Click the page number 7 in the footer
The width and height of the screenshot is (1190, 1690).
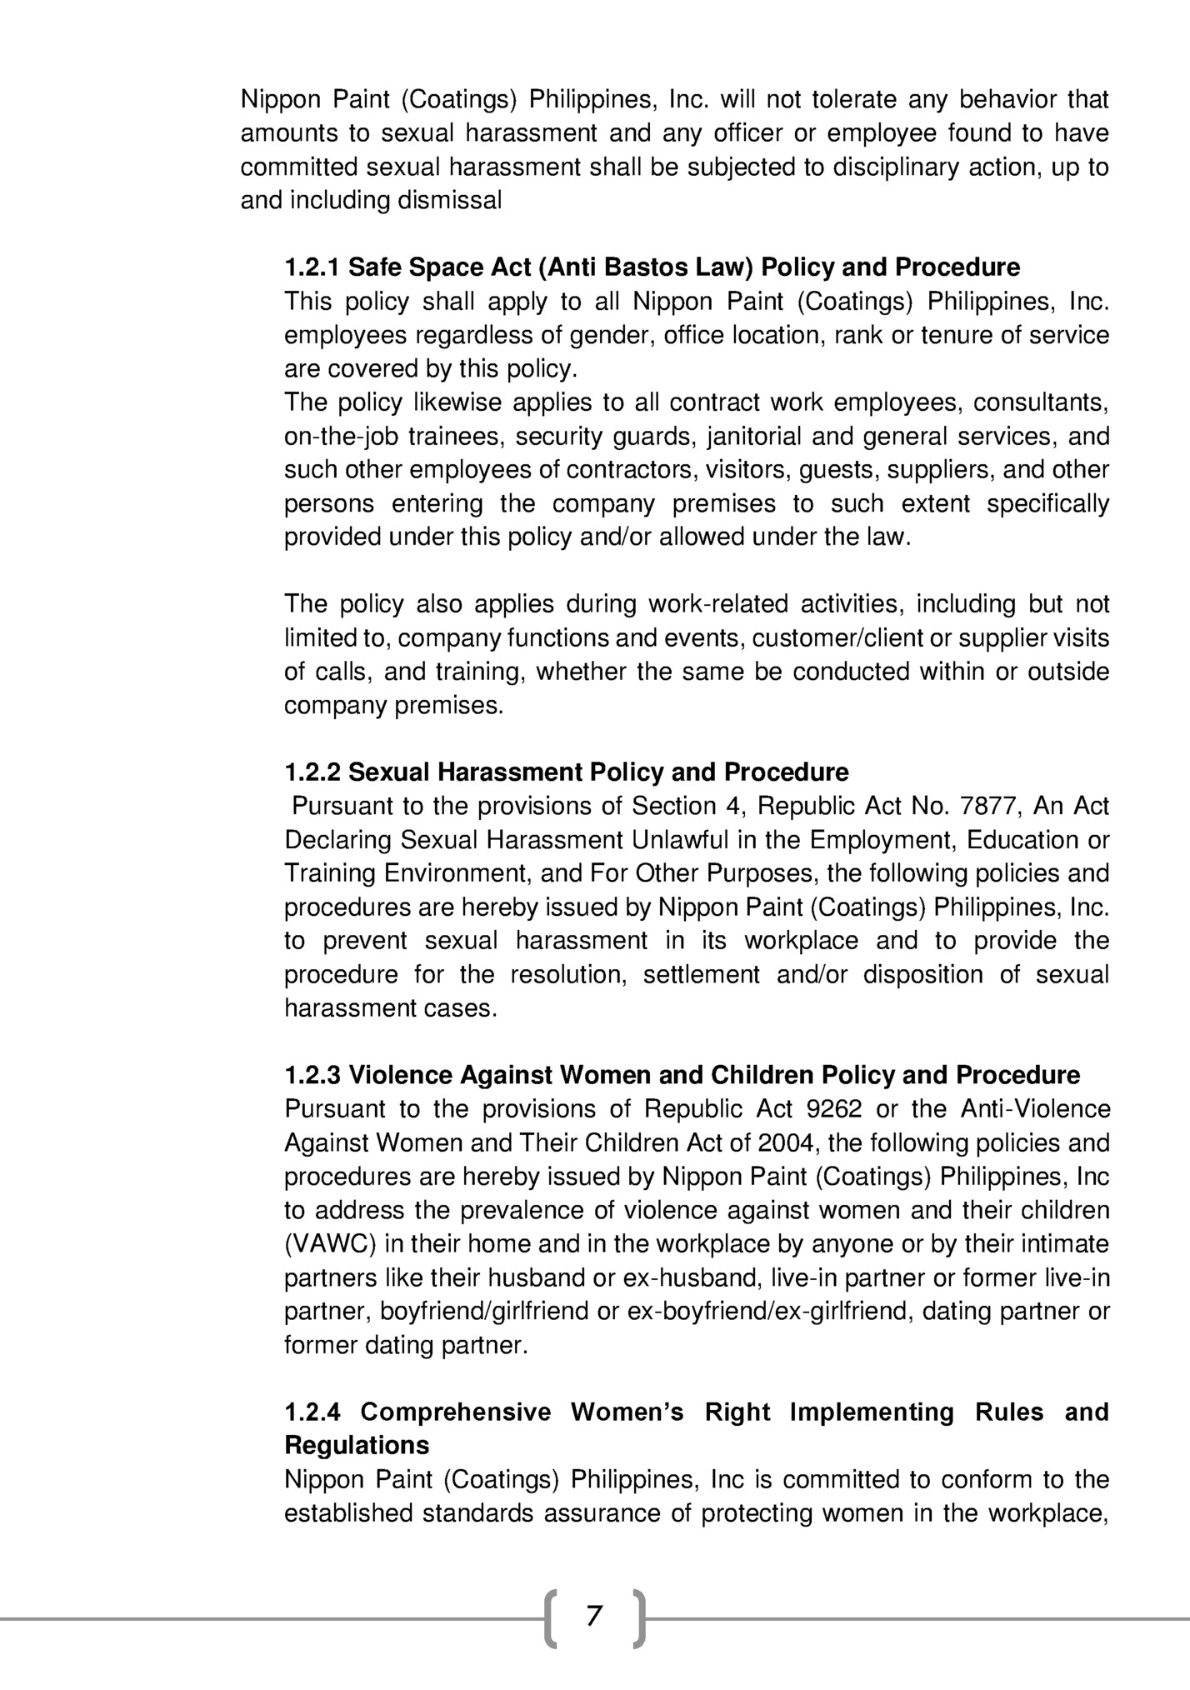click(x=593, y=1616)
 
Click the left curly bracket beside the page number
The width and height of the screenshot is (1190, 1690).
click(x=551, y=1618)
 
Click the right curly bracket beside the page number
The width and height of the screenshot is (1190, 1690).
click(x=637, y=1618)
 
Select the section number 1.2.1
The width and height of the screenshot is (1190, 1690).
click(x=312, y=267)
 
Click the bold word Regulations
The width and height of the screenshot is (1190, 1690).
click(x=357, y=1445)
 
